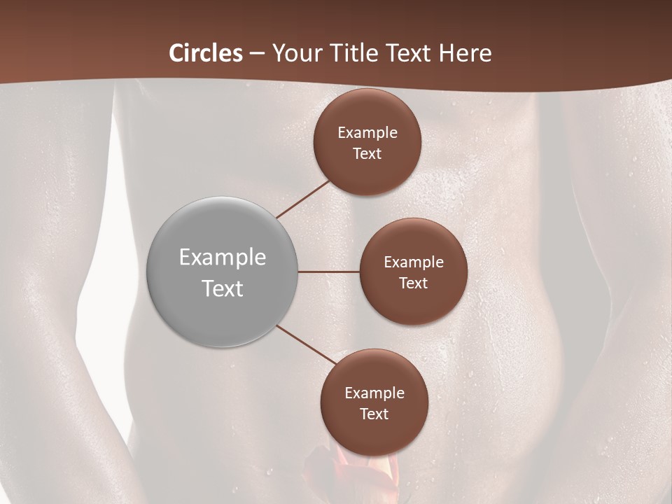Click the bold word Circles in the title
coord(205,53)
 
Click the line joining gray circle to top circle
coord(302,199)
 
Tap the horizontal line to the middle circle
coord(329,272)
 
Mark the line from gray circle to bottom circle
coord(303,344)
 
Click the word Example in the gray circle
coord(223,258)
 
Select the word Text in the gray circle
coord(223,288)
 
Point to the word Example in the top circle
coord(367,133)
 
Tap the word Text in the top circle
coord(367,154)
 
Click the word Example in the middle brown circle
coord(414,262)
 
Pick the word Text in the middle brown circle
coord(413,283)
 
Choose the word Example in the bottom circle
coord(374,393)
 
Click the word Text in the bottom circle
coord(374,414)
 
